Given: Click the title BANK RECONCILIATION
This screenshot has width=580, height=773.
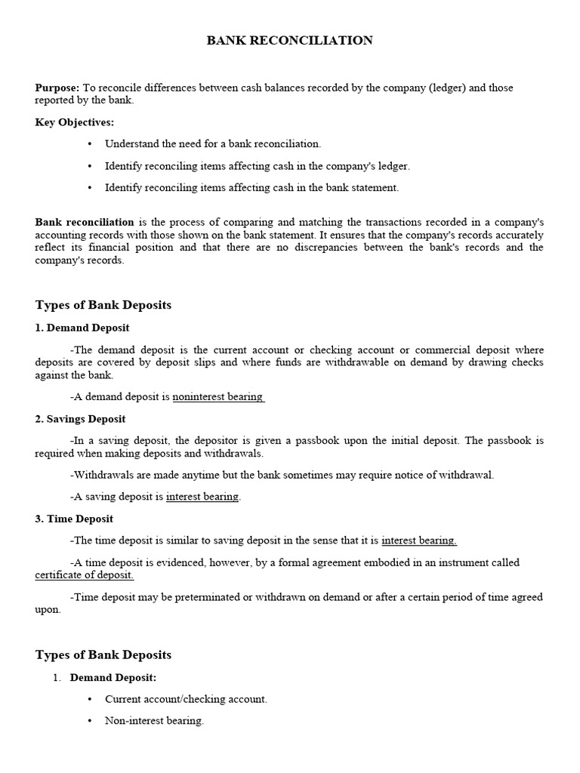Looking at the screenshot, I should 290,41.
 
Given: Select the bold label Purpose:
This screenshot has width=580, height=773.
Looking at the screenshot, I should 57,88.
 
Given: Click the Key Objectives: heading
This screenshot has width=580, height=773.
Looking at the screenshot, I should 75,122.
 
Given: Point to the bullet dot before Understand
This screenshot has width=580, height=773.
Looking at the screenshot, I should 90,143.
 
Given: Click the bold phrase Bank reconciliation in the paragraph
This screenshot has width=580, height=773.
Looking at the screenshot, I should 85,222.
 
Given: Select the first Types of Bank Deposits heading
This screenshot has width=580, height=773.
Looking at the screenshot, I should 103,305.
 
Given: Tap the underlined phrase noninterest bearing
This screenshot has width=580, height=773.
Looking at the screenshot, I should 217,396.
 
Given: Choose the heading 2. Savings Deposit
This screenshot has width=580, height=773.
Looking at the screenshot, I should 80,419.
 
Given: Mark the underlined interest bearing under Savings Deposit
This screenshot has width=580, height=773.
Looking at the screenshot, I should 202,497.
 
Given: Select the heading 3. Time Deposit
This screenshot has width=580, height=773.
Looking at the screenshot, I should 74,519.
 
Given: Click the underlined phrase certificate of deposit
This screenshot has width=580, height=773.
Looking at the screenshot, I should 85,575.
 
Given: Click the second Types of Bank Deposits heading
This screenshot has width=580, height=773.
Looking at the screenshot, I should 103,654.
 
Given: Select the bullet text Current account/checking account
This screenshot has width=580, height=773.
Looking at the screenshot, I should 186,699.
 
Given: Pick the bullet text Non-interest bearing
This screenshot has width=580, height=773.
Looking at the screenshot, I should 154,721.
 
